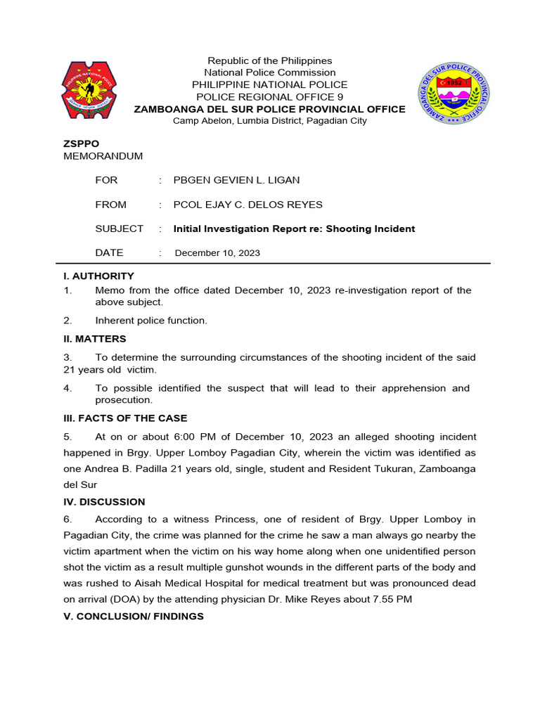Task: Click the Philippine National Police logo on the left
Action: (x=89, y=91)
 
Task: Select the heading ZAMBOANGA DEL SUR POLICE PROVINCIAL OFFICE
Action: (x=270, y=109)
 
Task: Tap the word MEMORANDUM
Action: (x=103, y=155)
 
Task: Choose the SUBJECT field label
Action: (x=120, y=229)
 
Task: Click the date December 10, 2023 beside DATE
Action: (x=217, y=253)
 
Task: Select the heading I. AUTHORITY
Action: (x=98, y=276)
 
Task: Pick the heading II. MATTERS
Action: (x=95, y=338)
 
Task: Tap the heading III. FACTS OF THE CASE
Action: (x=125, y=418)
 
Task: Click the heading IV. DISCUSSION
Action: (x=104, y=501)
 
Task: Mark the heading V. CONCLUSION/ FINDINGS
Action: (x=134, y=616)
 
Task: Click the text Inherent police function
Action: (x=151, y=320)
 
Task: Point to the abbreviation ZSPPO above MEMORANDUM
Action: (x=82, y=143)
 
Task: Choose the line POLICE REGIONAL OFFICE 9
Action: (x=270, y=96)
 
